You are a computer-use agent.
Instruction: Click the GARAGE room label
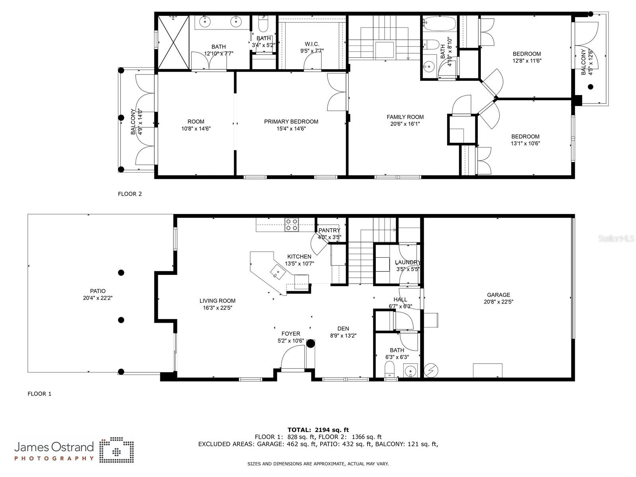click(x=498, y=295)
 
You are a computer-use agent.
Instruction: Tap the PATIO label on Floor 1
click(x=97, y=291)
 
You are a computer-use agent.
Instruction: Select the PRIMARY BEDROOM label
click(x=291, y=122)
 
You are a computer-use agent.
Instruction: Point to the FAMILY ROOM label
click(x=405, y=117)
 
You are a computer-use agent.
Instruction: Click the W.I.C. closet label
click(x=312, y=44)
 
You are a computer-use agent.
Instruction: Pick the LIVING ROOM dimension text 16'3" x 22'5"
click(x=217, y=308)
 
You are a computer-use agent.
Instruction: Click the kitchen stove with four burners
click(x=292, y=225)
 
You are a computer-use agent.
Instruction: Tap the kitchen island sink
click(x=278, y=272)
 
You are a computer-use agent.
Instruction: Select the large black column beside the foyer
click(x=311, y=343)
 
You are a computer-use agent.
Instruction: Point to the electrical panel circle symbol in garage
click(x=431, y=370)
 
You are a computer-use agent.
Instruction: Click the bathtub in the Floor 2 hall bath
click(x=439, y=23)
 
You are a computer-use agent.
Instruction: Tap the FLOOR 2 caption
click(x=130, y=194)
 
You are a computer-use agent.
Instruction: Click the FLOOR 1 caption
click(x=39, y=393)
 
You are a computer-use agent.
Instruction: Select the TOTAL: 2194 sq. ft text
click(x=318, y=430)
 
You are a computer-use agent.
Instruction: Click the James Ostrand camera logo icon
click(x=117, y=450)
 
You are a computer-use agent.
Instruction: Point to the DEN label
click(x=343, y=329)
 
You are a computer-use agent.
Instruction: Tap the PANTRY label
click(x=329, y=230)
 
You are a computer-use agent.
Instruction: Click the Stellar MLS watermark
click(x=616, y=239)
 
